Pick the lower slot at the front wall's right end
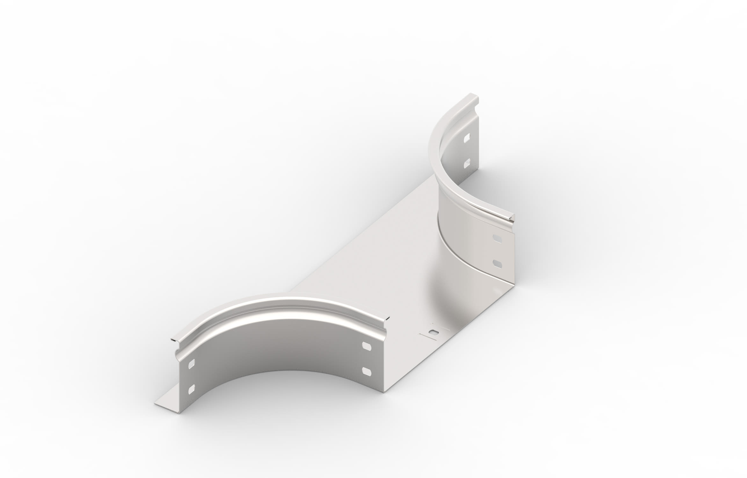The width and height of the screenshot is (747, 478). (367, 370)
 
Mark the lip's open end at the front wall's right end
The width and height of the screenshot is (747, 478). (387, 319)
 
